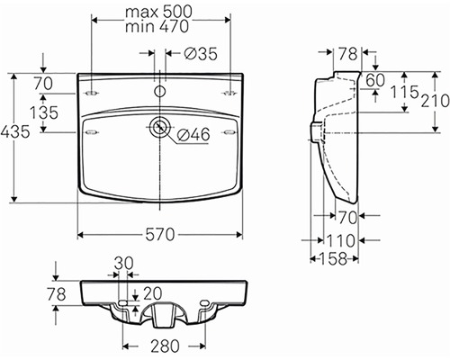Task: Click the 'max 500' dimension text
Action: (x=158, y=12)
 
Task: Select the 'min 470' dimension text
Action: (x=157, y=26)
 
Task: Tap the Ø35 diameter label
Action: (x=201, y=54)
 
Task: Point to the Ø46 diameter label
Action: (x=193, y=134)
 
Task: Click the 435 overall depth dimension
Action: (x=15, y=131)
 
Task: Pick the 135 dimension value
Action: (x=44, y=112)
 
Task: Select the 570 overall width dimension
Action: (x=160, y=234)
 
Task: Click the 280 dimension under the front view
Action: (x=165, y=346)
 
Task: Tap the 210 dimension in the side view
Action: (x=436, y=101)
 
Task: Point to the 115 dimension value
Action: (x=404, y=92)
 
